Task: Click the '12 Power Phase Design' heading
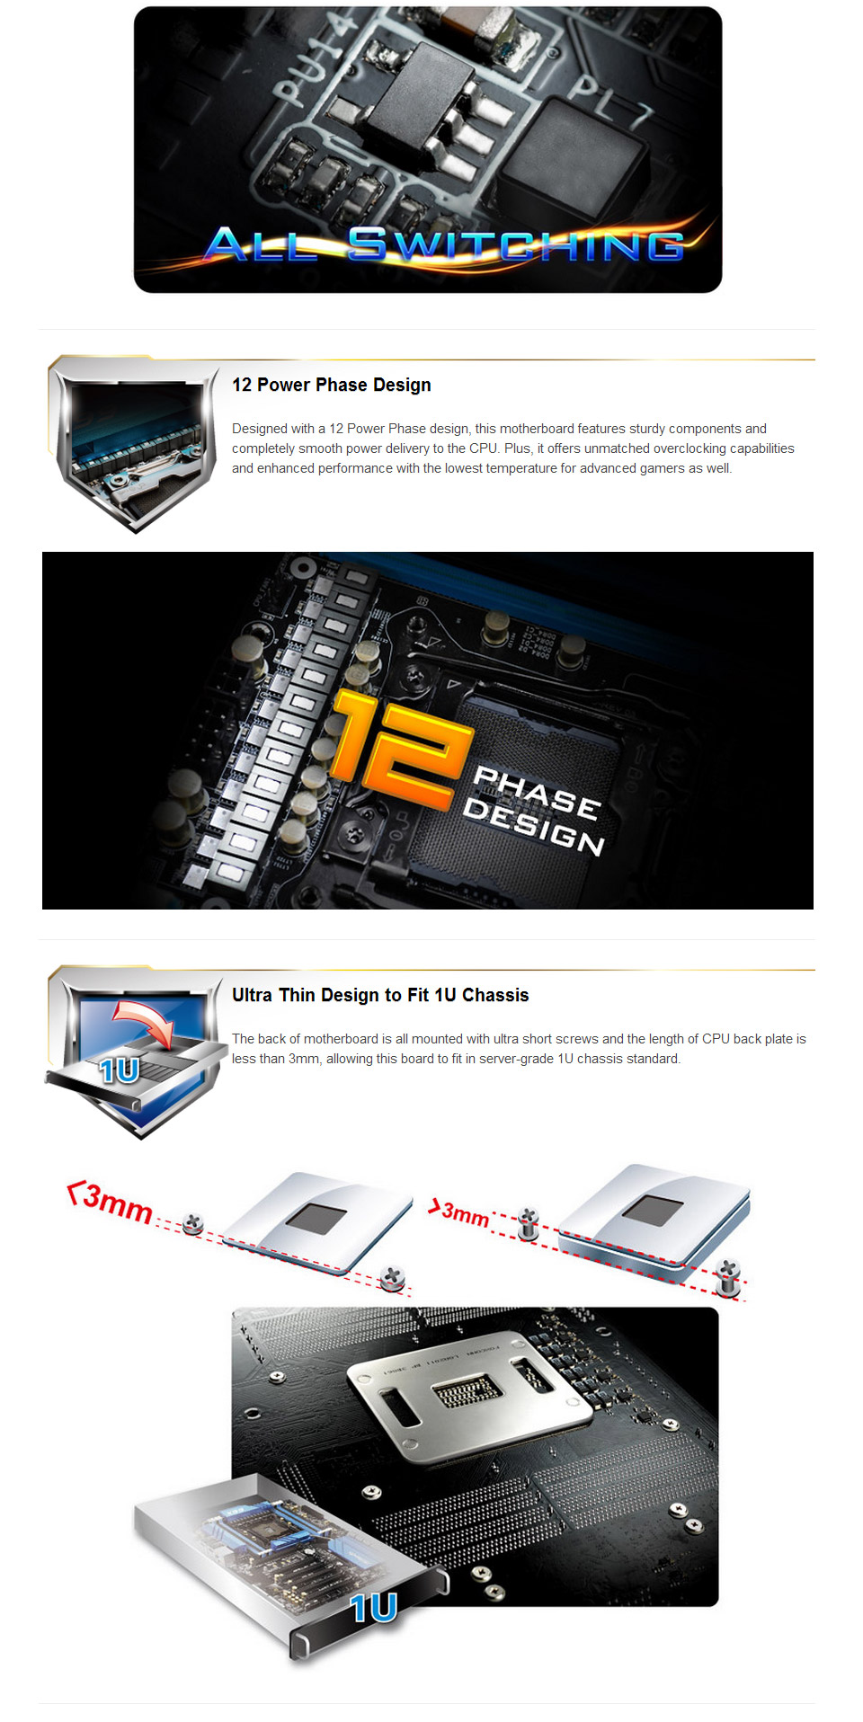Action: [x=331, y=385]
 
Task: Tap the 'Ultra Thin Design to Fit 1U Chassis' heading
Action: [x=380, y=995]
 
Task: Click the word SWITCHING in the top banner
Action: [x=516, y=244]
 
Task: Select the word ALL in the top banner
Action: [x=262, y=244]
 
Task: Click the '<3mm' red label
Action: [x=111, y=1203]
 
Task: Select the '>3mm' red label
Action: [x=459, y=1212]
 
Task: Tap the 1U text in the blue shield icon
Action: [x=120, y=1070]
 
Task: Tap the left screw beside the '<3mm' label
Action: [x=193, y=1223]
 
